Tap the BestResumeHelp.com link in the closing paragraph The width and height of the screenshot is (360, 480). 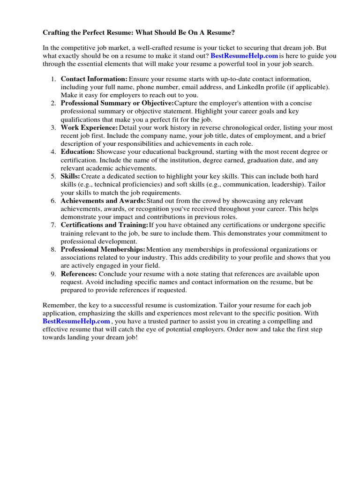76,321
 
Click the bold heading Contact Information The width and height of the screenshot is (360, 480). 94,79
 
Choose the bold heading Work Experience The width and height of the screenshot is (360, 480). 89,127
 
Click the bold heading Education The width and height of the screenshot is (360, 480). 78,152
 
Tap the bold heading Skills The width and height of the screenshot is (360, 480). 70,176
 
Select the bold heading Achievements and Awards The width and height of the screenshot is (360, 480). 103,201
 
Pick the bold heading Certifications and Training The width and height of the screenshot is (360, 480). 104,225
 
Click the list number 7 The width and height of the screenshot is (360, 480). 53,225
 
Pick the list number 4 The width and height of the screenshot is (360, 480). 53,152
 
